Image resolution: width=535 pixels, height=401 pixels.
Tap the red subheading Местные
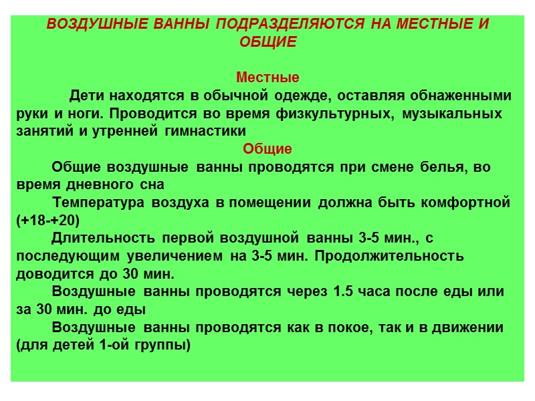pyautogui.click(x=267, y=77)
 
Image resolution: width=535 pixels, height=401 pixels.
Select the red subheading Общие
pyautogui.click(x=267, y=148)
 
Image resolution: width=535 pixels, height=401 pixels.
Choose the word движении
pyautogui.click(x=469, y=328)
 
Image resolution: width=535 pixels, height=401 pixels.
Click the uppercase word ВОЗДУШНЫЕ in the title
pyautogui.click(x=89, y=25)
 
